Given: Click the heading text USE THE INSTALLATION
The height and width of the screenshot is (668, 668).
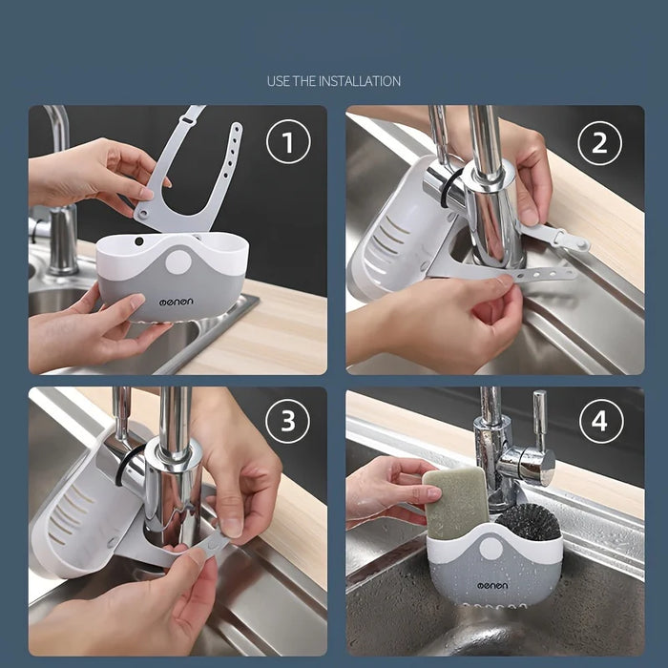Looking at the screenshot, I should click(334, 81).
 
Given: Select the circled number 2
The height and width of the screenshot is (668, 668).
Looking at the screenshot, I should click(599, 144).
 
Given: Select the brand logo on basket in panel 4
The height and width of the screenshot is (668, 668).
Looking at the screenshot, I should click(488, 585).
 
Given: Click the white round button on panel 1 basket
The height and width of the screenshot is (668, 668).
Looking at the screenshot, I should click(177, 263).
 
